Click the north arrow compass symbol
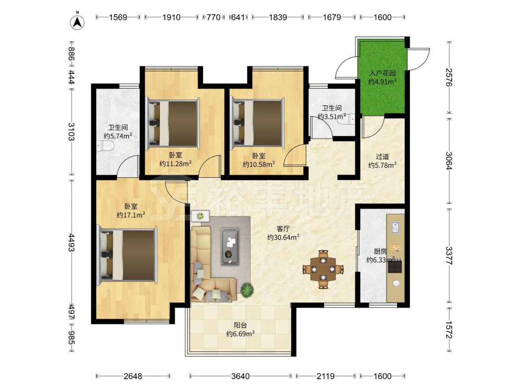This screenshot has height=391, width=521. (77, 21)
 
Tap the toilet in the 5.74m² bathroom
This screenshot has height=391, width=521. (106, 145)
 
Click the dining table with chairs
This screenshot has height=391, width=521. (323, 269)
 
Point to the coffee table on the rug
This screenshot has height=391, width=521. (230, 246)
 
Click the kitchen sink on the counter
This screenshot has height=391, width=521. (395, 228)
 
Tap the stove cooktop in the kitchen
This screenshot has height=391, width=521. (395, 266)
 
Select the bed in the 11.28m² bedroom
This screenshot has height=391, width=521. (173, 122)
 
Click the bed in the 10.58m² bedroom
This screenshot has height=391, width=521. (257, 122)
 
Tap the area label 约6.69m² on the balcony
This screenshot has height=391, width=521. (241, 334)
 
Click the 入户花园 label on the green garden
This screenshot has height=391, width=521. (382, 73)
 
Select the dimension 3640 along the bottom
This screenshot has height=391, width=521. (240, 376)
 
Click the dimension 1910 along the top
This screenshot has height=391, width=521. (171, 17)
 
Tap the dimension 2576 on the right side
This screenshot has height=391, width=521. (449, 77)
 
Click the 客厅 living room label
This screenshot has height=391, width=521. (283, 229)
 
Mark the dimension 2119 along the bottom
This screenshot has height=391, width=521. (325, 376)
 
